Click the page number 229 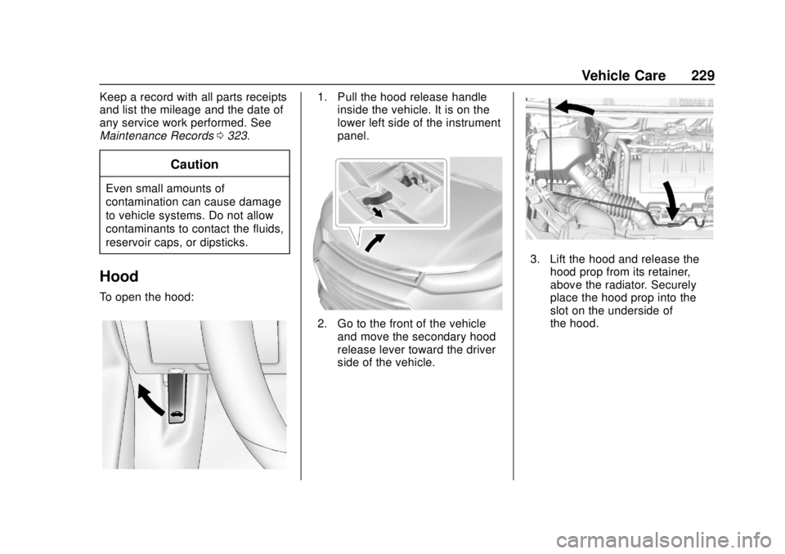[x=702, y=75]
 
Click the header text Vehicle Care [x=623, y=75]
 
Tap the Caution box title [x=195, y=164]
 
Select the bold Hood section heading [x=119, y=276]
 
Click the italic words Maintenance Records [x=157, y=136]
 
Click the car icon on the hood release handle [x=176, y=414]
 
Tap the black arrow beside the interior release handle [x=150, y=400]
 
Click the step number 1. [x=322, y=96]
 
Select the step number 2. [x=322, y=324]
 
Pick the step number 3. [x=535, y=259]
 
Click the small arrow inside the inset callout [x=376, y=212]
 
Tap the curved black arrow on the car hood [x=375, y=242]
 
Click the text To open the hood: [x=146, y=297]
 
